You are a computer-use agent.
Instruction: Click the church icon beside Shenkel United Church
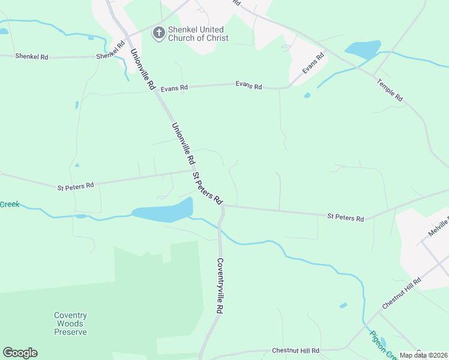[x=159, y=33]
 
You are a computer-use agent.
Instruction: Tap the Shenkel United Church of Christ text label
[x=196, y=34]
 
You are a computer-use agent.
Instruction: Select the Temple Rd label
[x=390, y=89]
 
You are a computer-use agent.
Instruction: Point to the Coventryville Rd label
[x=220, y=286]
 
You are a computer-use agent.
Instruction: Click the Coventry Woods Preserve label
[x=71, y=323]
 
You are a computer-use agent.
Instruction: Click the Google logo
[x=20, y=353]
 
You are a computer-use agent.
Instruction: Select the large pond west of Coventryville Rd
[x=163, y=211]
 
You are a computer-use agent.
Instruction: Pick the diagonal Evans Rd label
[x=313, y=63]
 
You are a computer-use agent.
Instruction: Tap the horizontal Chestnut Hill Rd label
[x=295, y=350]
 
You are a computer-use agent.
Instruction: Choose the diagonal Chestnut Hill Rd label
[x=402, y=293]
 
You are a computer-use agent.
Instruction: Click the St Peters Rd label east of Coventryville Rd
[x=345, y=217]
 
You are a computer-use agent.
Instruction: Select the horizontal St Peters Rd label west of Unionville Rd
[x=76, y=186]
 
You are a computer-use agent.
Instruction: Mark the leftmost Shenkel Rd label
[x=31, y=56]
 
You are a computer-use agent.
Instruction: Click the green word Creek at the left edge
[x=10, y=205]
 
